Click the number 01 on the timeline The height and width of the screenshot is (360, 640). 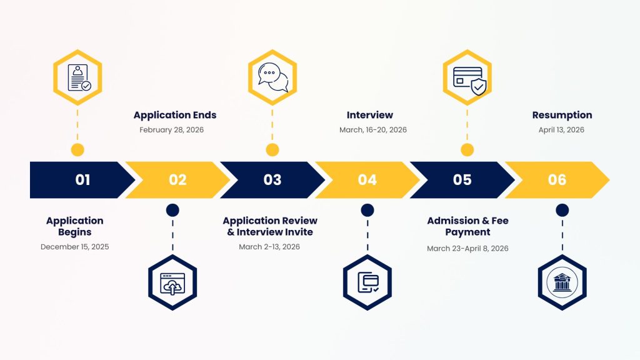click(x=82, y=180)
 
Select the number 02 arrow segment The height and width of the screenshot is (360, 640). click(x=177, y=180)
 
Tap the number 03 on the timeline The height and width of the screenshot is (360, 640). click(x=272, y=180)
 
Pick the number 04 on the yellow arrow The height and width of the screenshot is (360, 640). click(x=367, y=180)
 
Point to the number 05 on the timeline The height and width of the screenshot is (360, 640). click(x=462, y=180)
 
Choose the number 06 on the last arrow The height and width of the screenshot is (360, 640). click(x=557, y=180)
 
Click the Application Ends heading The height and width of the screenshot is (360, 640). click(x=175, y=115)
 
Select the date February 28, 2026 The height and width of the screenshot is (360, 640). click(x=172, y=130)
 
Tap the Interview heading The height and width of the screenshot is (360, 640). click(x=370, y=115)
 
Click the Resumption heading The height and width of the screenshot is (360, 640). click(x=562, y=115)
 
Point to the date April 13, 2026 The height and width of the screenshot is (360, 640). click(x=561, y=130)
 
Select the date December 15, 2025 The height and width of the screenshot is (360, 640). click(x=75, y=247)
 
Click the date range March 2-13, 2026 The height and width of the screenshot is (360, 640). click(x=269, y=247)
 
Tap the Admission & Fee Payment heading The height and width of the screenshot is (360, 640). click(x=467, y=226)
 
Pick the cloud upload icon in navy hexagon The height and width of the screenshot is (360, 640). click(x=172, y=283)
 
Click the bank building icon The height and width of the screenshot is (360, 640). click(x=562, y=283)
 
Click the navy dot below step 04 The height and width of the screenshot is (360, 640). click(x=367, y=211)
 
